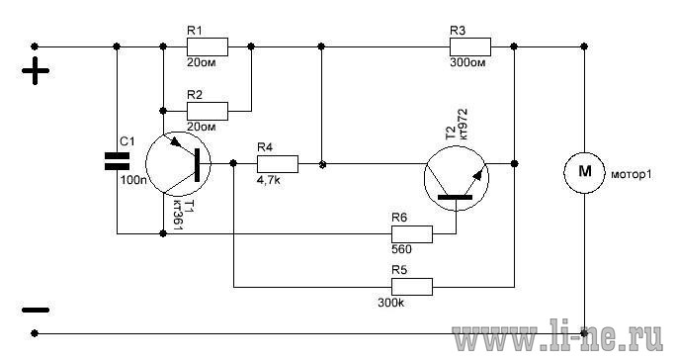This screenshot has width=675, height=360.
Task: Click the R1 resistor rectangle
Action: [x=208, y=46]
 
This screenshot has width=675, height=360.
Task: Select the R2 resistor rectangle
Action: [x=208, y=111]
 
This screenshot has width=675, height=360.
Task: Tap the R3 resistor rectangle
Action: [x=470, y=46]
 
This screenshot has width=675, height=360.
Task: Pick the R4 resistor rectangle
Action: [x=278, y=164]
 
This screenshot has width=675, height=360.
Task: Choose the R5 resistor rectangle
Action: [x=412, y=287]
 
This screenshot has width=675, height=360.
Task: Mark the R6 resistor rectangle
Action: [x=412, y=234]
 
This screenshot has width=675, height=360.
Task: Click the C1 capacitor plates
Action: [x=117, y=161]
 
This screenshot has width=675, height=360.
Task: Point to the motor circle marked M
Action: [x=584, y=172]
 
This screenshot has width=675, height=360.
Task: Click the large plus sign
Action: [x=36, y=70]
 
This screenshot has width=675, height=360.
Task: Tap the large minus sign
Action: [x=36, y=310]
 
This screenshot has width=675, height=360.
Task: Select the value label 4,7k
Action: [x=268, y=180]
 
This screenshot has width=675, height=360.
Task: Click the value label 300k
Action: [x=391, y=303]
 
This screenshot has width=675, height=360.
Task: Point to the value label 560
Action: [x=401, y=249]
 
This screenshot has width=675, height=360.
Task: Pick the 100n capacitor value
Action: [x=133, y=180]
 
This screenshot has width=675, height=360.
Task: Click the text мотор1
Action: [x=631, y=175]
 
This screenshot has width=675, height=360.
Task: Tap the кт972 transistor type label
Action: [x=464, y=125]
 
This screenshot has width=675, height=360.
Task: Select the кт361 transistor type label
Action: [x=178, y=215]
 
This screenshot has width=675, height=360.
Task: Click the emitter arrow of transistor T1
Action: [x=177, y=142]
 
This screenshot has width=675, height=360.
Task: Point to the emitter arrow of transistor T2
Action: [x=477, y=175]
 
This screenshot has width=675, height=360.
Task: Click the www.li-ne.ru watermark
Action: [x=557, y=334]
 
